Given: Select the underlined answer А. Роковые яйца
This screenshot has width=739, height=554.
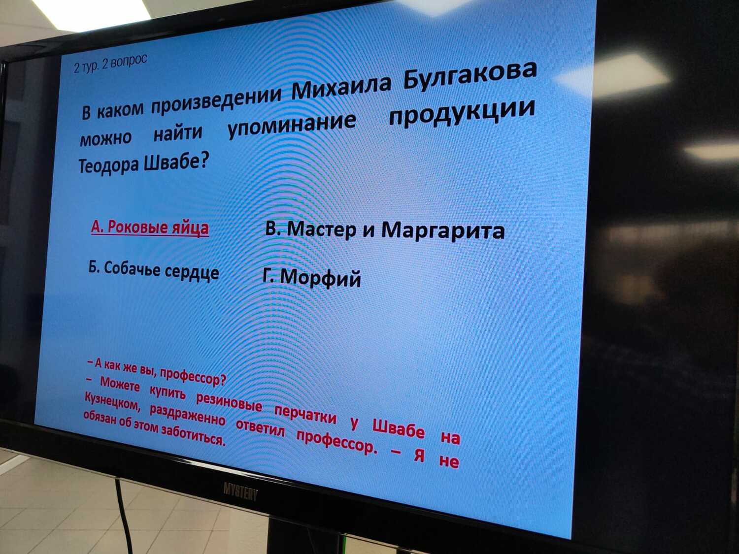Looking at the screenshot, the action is [x=150, y=228].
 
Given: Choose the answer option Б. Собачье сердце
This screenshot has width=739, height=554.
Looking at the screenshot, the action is [x=154, y=270].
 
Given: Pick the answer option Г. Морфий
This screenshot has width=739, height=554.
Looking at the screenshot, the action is [x=311, y=277].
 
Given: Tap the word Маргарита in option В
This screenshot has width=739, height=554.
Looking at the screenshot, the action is [x=443, y=231].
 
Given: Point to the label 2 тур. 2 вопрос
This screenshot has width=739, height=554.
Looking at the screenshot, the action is [x=110, y=63].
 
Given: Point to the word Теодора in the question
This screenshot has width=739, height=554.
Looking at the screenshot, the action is [x=108, y=165].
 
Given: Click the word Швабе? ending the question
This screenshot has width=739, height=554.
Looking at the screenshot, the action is [x=176, y=162].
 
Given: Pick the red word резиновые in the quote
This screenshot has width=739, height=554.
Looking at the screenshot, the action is [x=229, y=401].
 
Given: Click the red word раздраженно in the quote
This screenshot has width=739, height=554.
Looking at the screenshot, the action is [x=187, y=415].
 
